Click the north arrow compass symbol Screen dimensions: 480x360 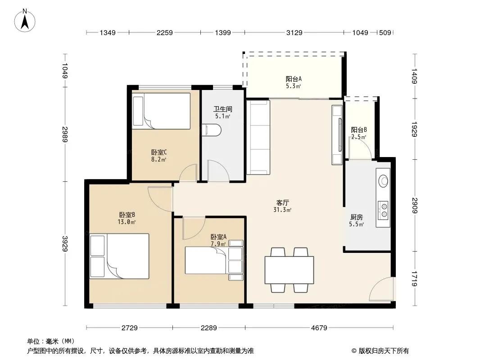(25, 21)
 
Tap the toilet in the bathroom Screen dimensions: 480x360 (212, 130)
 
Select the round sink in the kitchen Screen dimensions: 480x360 (383, 181)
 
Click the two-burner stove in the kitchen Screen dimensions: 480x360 (383, 211)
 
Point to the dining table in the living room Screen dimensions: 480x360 (289, 270)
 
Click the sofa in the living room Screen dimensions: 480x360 (258, 137)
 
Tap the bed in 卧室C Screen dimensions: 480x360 (161, 111)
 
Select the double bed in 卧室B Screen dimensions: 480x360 (119, 256)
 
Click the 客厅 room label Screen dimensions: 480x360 (282, 203)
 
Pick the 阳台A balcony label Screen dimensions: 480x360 (294, 79)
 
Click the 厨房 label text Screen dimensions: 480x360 (357, 217)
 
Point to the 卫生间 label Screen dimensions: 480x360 (223, 109)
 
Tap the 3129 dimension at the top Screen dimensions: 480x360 (294, 32)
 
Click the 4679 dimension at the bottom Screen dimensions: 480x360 (319, 328)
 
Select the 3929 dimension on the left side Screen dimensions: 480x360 (65, 243)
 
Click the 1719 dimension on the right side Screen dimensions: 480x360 (415, 279)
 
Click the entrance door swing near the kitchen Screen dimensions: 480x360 (381, 289)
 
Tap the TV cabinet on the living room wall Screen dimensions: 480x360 (337, 135)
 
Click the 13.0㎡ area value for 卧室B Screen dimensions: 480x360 (127, 222)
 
